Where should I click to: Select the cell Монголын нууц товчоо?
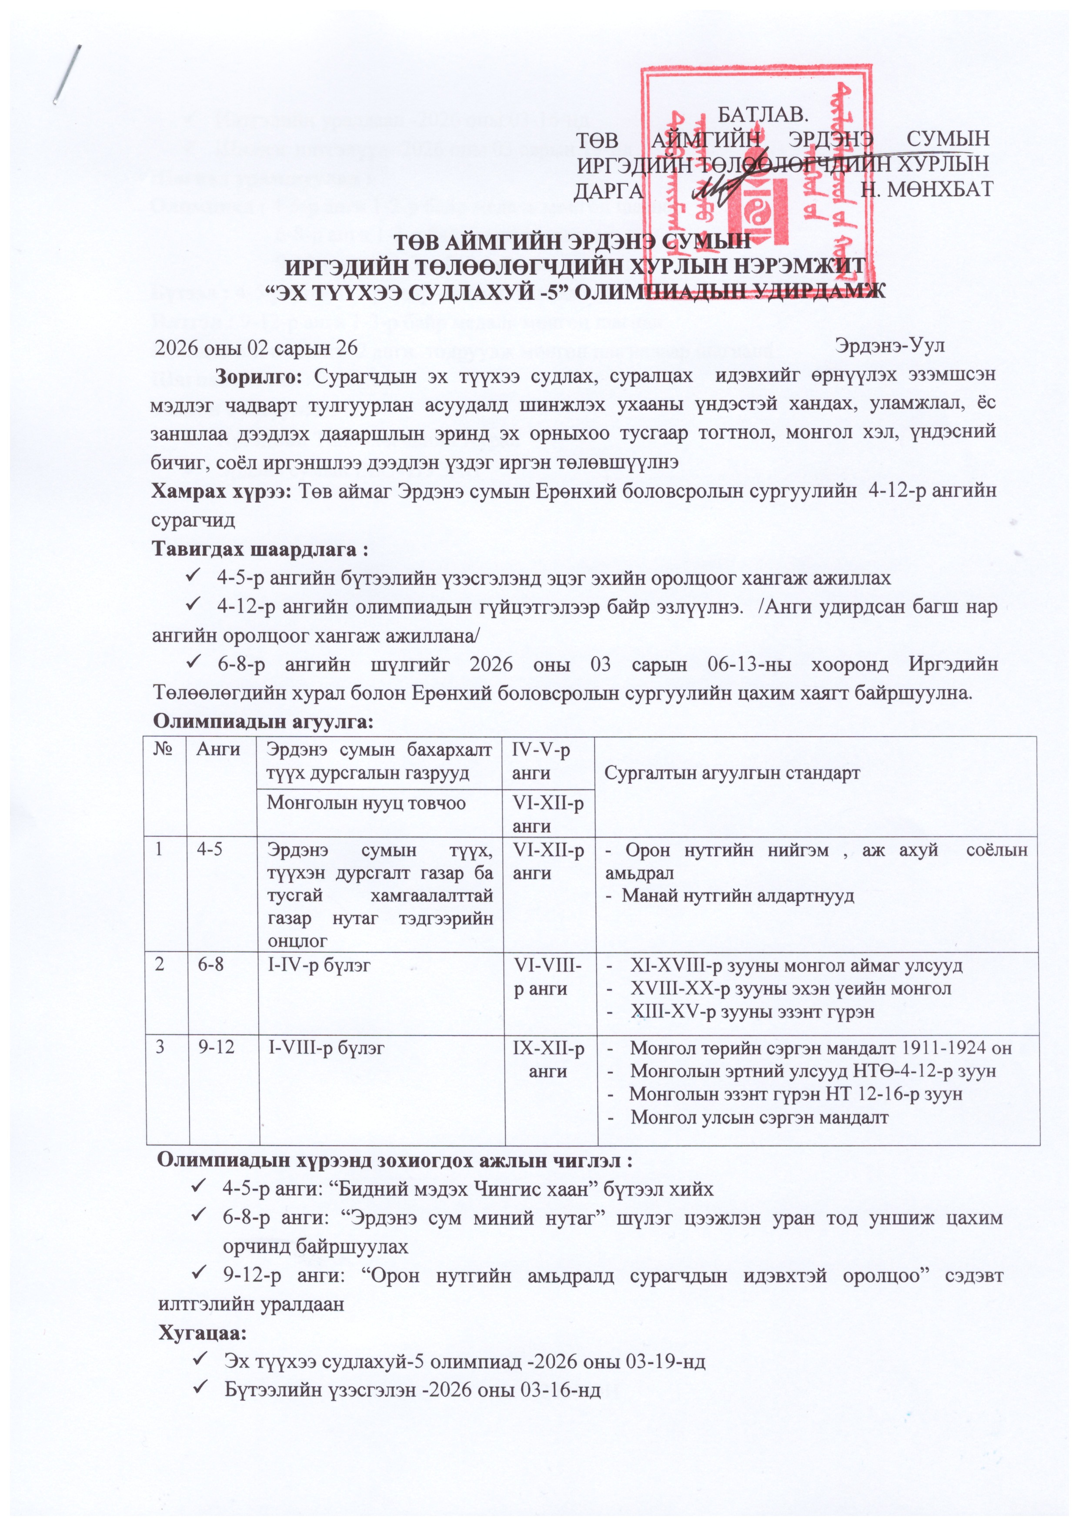click(366, 803)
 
